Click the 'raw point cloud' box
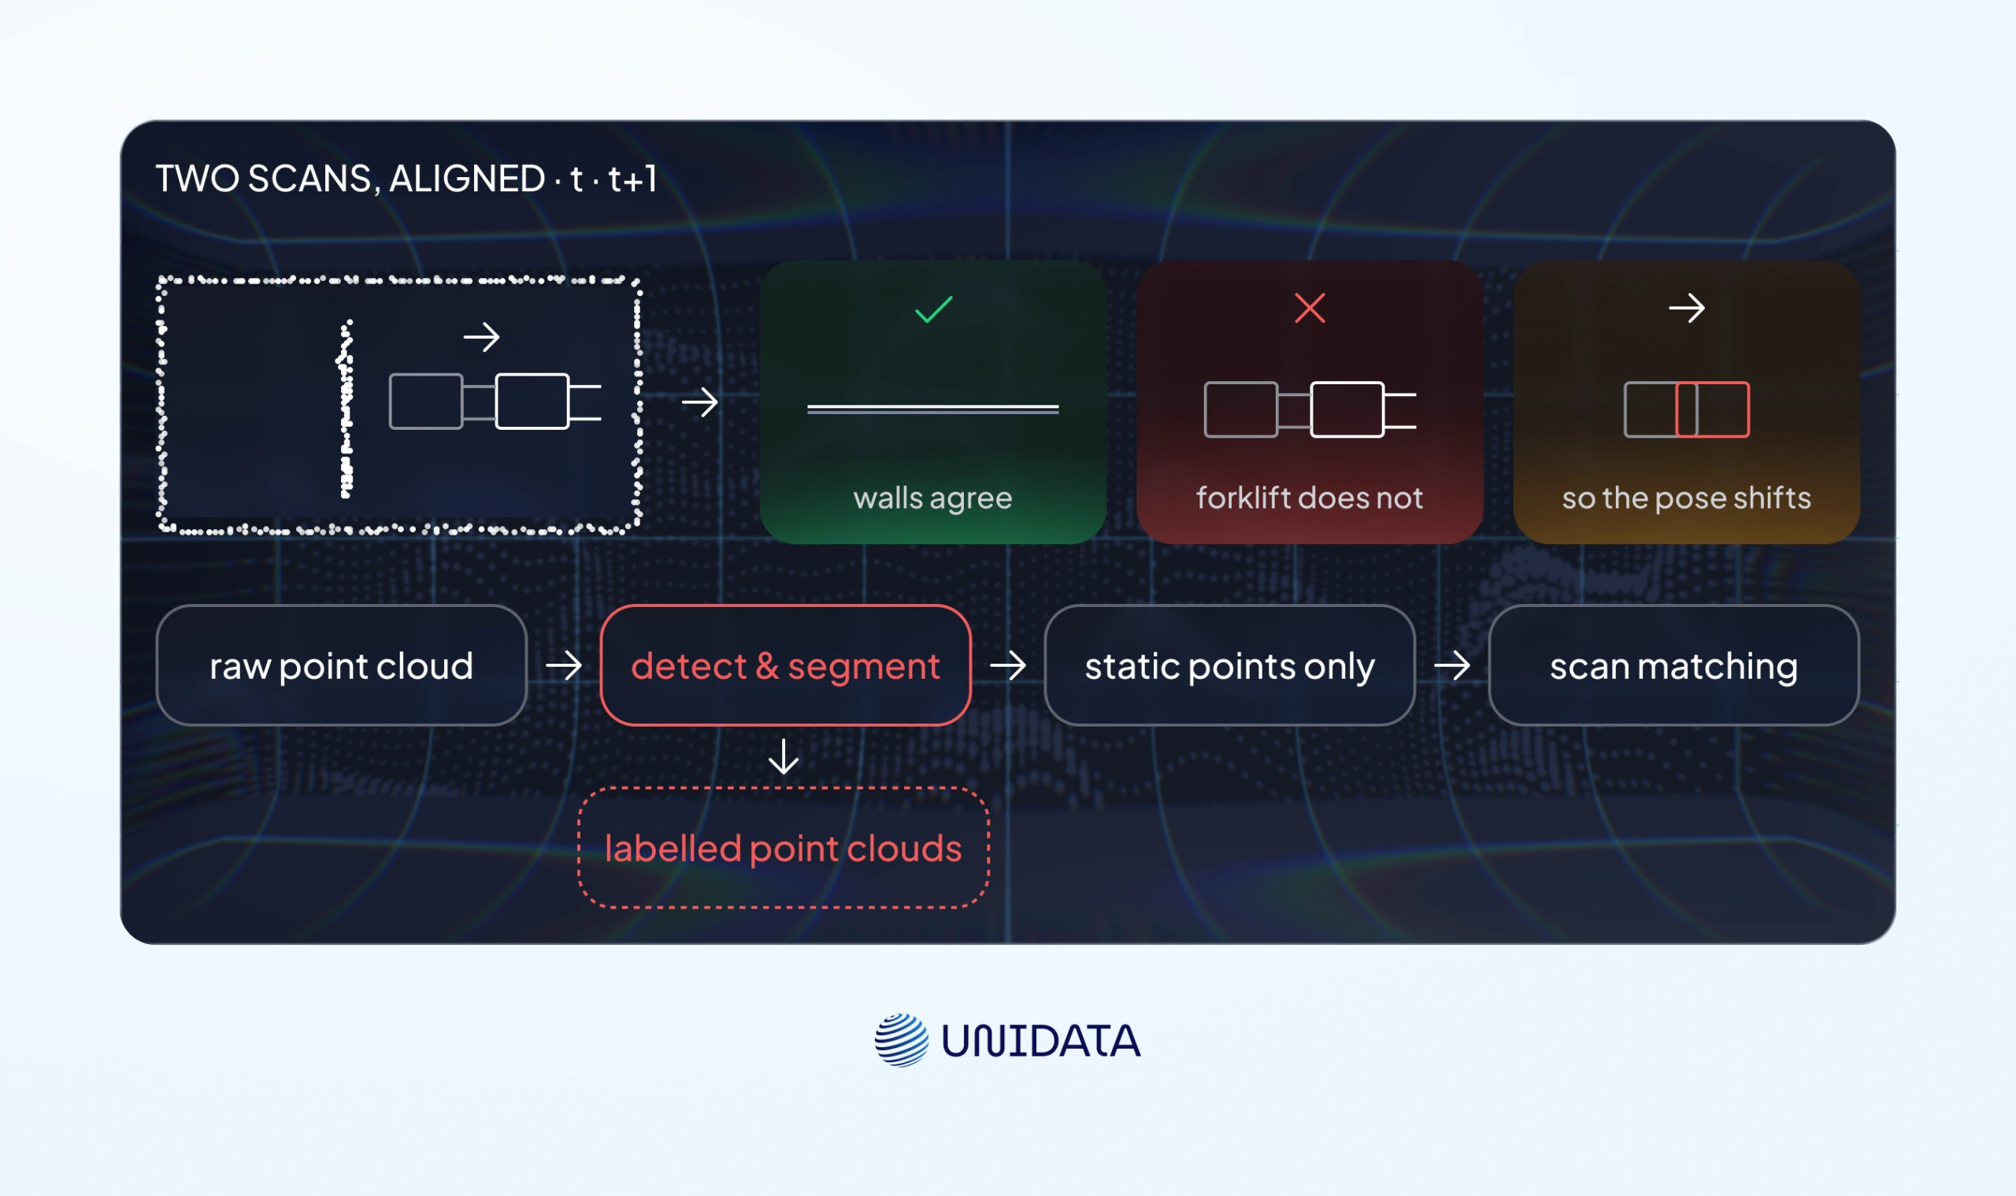[341, 665]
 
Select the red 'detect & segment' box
[785, 665]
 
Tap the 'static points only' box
[1229, 665]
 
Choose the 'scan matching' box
[1673, 665]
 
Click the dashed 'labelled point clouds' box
[784, 847]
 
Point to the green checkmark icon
[933, 309]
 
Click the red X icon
[1310, 308]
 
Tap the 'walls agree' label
[932, 498]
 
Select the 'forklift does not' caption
[1309, 498]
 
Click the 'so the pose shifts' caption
[1686, 498]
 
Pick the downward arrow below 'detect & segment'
[784, 756]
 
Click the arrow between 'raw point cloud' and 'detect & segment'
[563, 665]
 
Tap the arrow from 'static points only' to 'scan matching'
[1451, 665]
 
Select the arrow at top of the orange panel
[1686, 308]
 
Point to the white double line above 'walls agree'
[932, 409]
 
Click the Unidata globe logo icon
[901, 1039]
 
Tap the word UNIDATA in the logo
[1040, 1040]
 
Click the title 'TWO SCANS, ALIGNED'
[350, 178]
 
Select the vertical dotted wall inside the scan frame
[346, 409]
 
